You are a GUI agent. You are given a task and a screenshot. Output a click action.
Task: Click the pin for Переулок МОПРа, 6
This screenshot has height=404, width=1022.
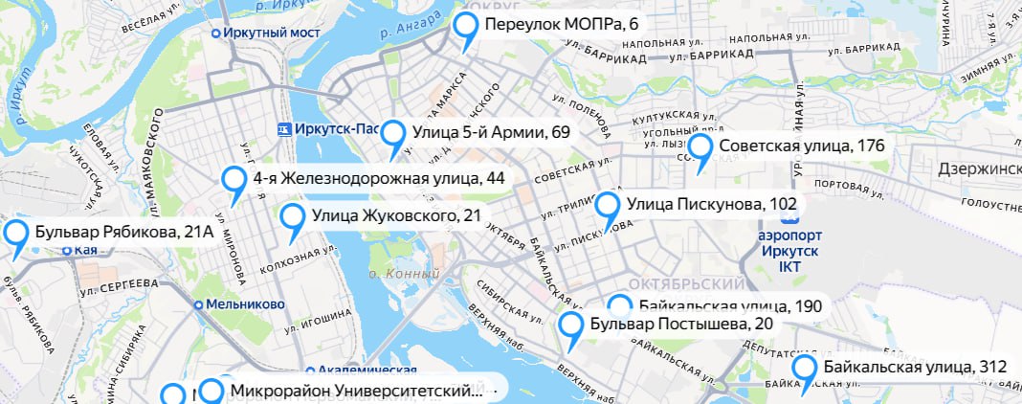[467, 29]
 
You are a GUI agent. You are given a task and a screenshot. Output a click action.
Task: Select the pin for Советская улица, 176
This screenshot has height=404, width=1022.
[701, 149]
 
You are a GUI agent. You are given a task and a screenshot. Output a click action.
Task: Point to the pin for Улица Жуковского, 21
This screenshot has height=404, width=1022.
[294, 219]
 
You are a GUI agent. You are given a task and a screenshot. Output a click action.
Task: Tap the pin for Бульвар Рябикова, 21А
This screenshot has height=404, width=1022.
[16, 236]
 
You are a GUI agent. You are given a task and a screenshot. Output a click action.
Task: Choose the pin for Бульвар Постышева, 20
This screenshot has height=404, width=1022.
[572, 327]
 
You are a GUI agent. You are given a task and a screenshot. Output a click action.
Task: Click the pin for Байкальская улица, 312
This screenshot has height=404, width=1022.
[806, 370]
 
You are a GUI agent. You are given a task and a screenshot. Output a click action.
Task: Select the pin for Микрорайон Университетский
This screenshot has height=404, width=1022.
[212, 393]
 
